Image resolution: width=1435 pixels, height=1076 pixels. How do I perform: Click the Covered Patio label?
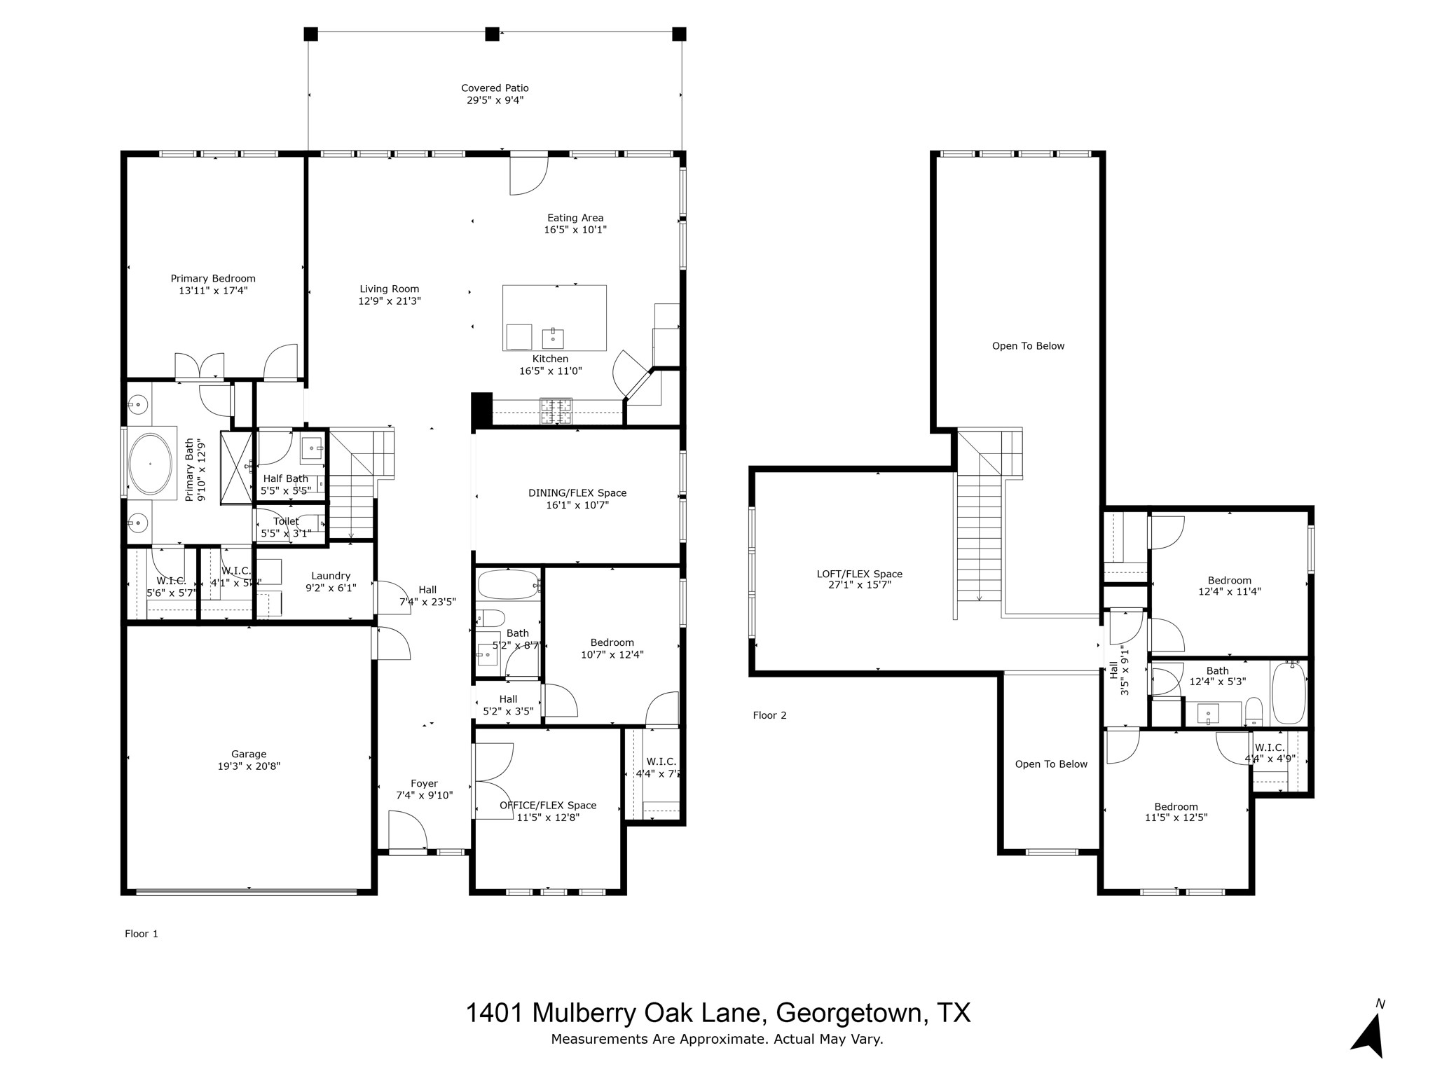[495, 88]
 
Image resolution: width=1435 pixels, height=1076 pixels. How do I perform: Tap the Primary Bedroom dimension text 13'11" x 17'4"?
[213, 290]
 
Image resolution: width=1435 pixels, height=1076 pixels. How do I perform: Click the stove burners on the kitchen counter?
[556, 411]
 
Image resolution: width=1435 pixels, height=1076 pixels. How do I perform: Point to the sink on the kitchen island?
[553, 338]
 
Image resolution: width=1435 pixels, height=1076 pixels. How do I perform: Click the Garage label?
[249, 754]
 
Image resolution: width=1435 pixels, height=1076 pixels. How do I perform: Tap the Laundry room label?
[331, 576]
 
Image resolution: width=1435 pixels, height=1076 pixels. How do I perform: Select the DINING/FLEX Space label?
[577, 492]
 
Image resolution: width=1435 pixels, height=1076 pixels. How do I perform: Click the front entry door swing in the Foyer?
[408, 831]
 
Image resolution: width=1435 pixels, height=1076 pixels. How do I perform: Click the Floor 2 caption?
[769, 715]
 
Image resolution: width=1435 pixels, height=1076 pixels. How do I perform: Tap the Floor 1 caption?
[142, 933]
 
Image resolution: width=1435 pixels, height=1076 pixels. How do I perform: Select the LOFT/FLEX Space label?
[859, 574]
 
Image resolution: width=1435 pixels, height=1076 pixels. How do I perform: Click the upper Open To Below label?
[1028, 346]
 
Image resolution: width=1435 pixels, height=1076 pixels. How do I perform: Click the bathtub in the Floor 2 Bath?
[1289, 694]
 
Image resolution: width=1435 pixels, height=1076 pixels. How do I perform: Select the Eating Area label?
[575, 218]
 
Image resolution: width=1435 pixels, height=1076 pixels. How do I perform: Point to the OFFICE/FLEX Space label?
[548, 806]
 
